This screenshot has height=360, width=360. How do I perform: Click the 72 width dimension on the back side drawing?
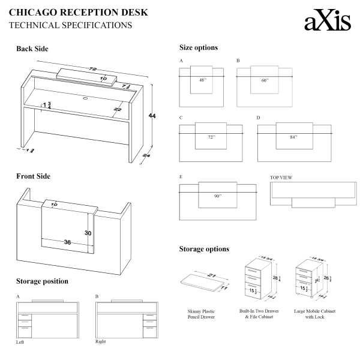coord(93,70)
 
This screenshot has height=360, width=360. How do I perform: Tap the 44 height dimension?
coord(160,116)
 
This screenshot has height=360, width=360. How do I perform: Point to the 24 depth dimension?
coord(146,155)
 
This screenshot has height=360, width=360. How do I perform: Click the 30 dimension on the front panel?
coord(88,233)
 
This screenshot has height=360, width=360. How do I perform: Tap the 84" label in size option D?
coord(293,137)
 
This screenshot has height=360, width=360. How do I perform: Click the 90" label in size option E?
coord(217,196)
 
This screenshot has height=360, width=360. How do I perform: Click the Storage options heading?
coord(204,249)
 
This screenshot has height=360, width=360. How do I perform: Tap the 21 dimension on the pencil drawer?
coord(212,275)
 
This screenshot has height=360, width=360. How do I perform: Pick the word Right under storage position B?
coord(100,341)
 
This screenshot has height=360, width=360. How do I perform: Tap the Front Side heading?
coord(33,176)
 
